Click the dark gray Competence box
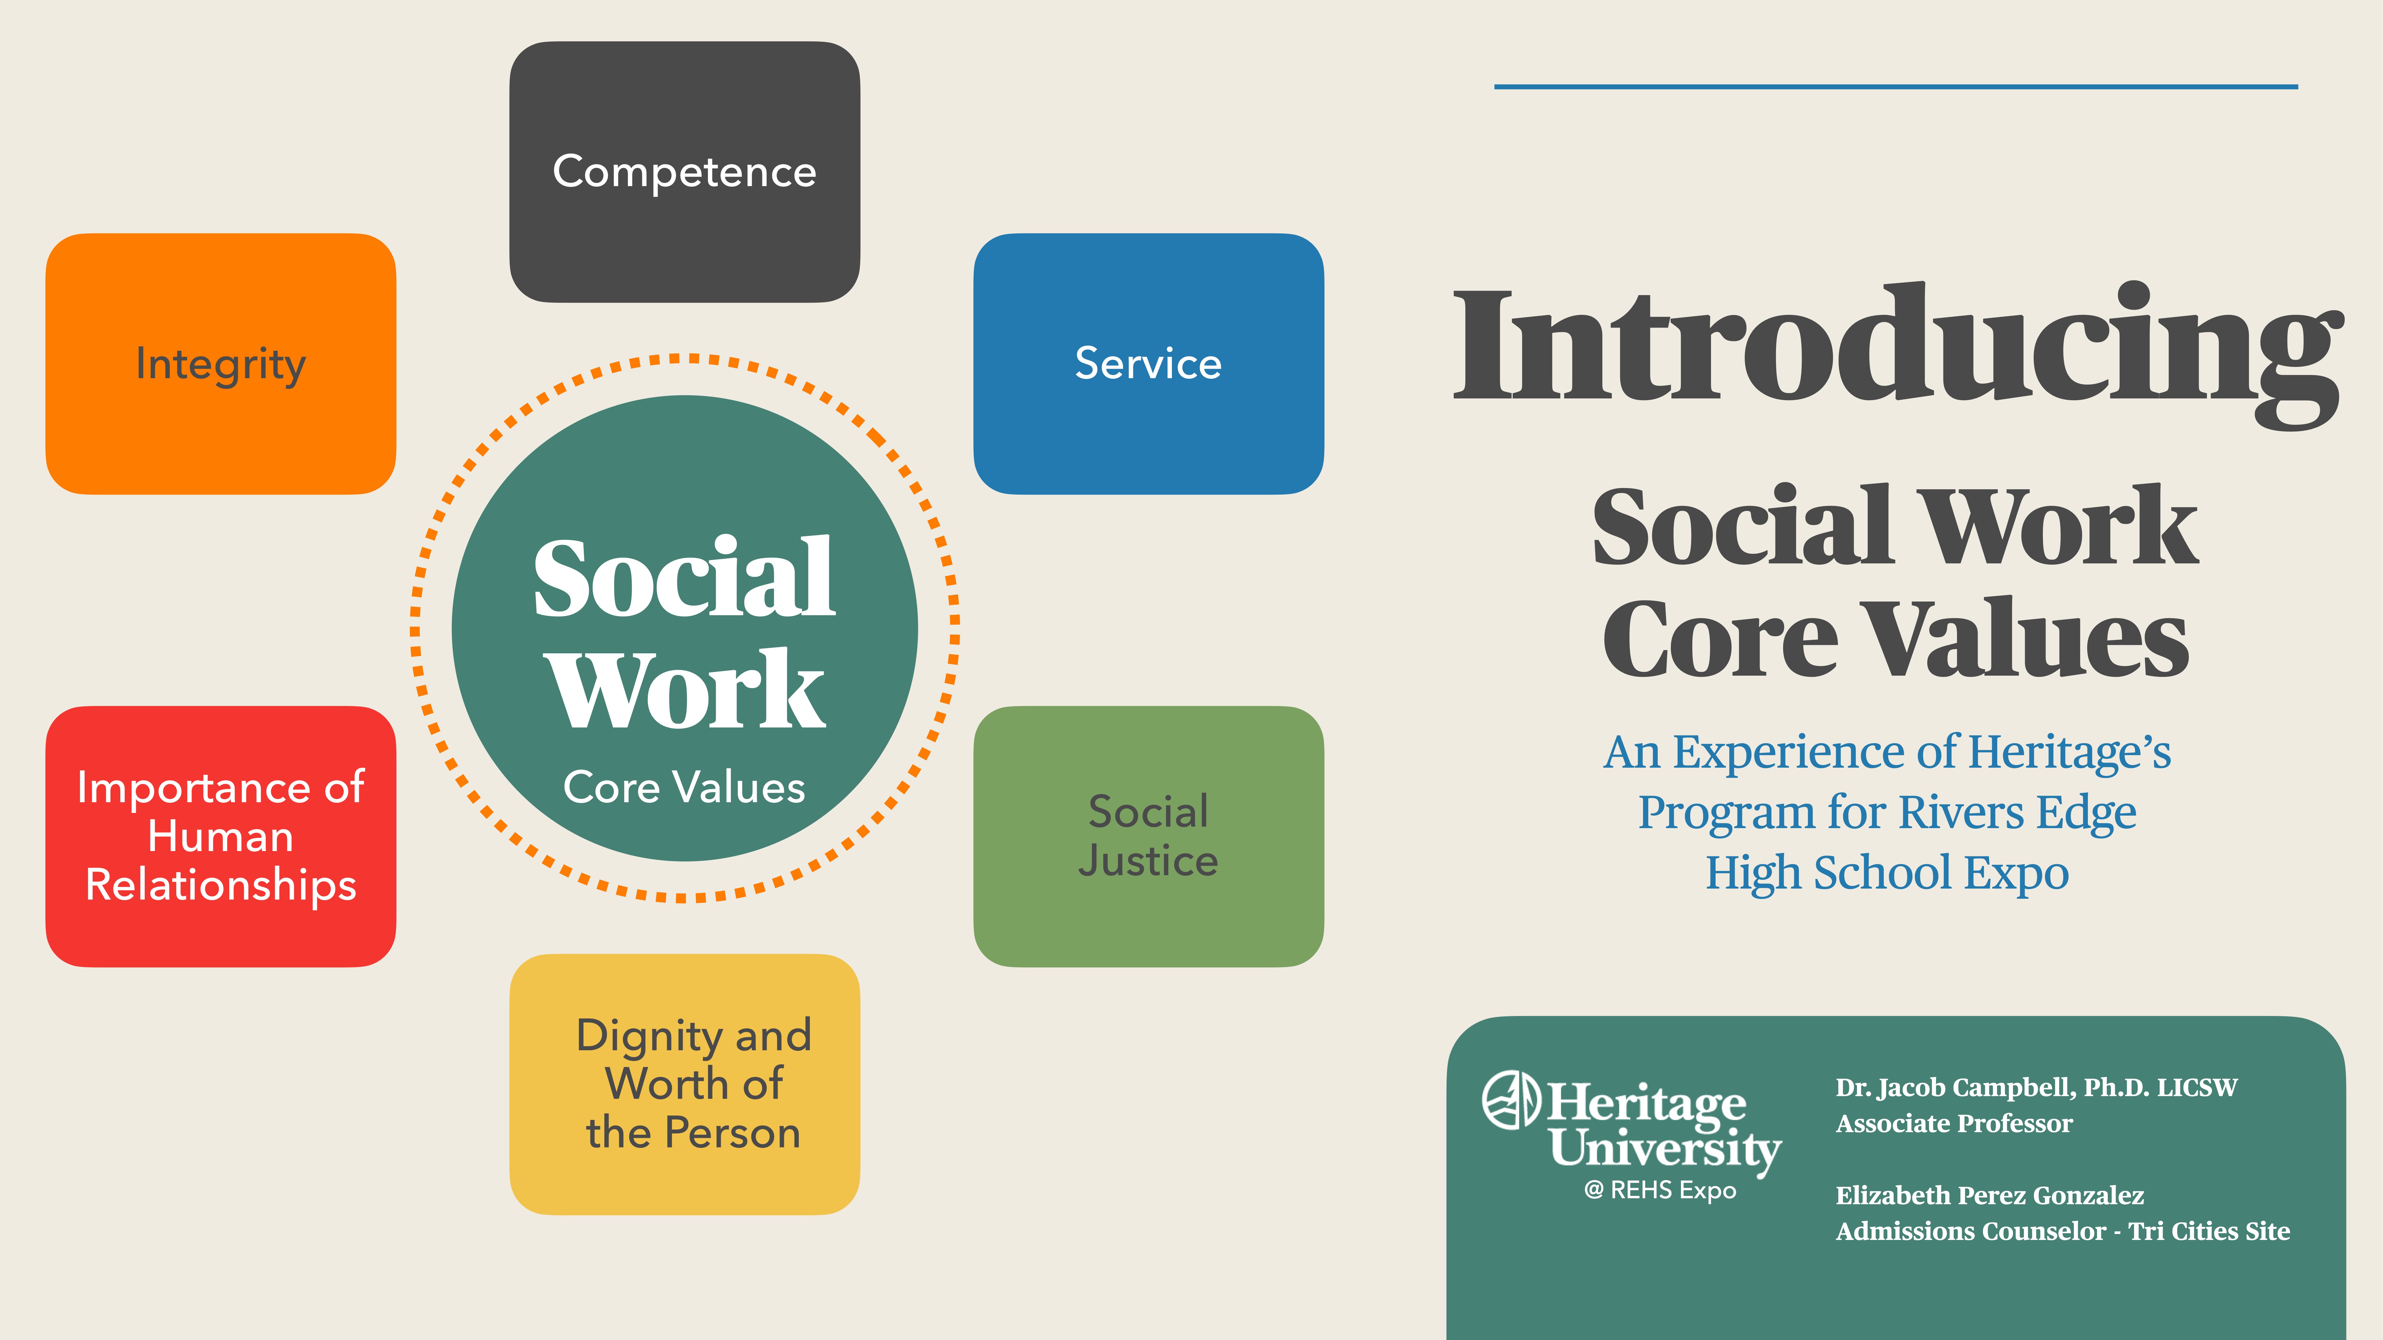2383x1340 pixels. [684, 172]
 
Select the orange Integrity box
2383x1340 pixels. [220, 363]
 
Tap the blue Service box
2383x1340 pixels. [1148, 363]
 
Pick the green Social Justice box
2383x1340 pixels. [1148, 836]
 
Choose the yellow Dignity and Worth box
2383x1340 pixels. [684, 1084]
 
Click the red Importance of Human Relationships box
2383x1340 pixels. [220, 836]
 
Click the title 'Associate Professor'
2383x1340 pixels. [1954, 1124]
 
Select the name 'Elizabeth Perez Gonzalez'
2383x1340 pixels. [1989, 1196]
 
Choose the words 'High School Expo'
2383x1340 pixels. [1887, 873]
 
